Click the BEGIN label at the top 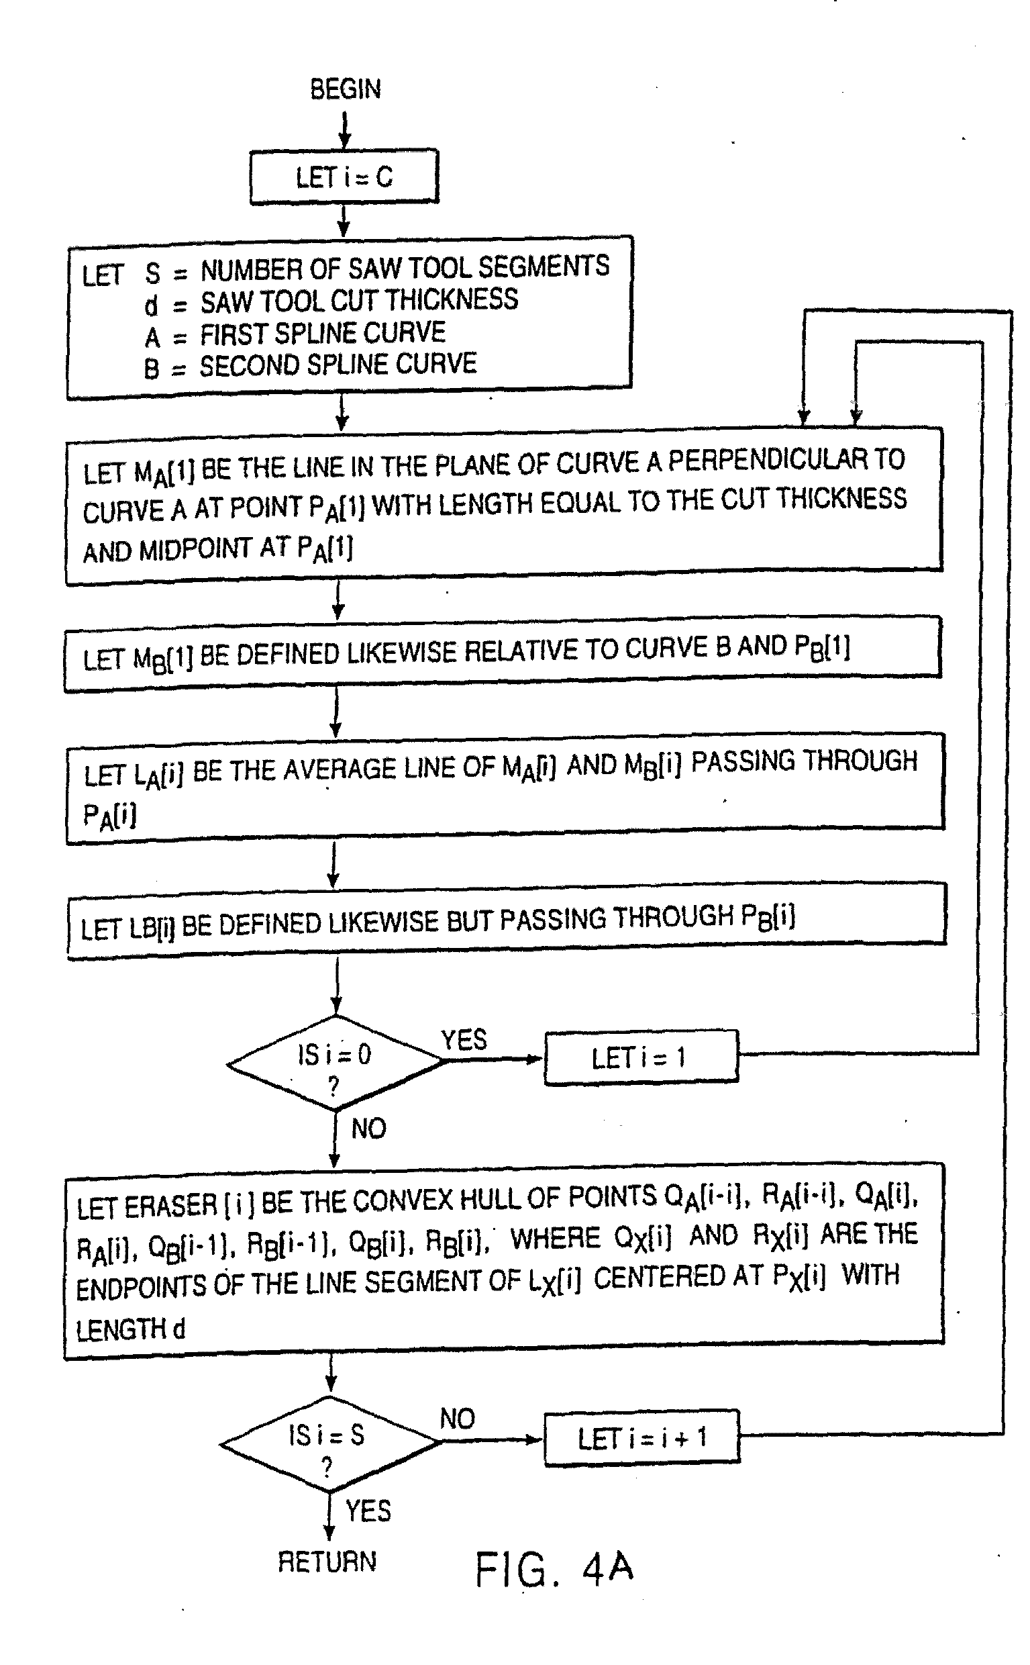pos(346,89)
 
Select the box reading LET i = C pos(344,177)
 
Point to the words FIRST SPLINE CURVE pos(322,333)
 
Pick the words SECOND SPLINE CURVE pos(338,365)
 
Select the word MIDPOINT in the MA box pos(195,549)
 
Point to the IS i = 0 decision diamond pos(335,1063)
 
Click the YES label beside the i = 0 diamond pos(464,1040)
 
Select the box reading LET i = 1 pos(641,1056)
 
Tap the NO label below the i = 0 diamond pos(368,1129)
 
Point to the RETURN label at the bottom pos(327,1562)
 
